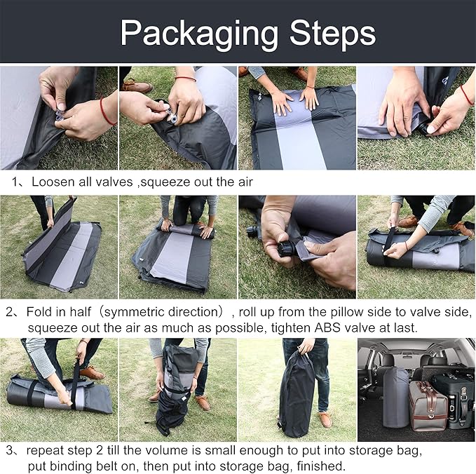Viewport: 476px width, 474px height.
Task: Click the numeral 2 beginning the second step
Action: [9, 311]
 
